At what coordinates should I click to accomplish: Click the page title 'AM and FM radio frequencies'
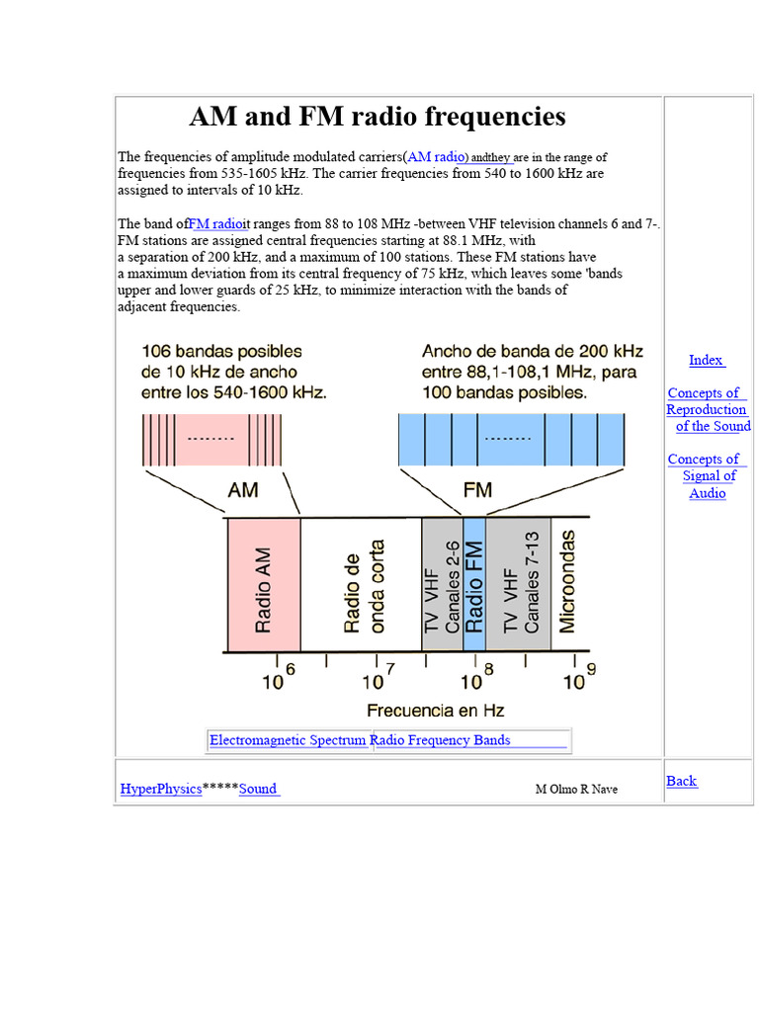(x=378, y=117)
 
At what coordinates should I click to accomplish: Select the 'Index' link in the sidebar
(x=706, y=360)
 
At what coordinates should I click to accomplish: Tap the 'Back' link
(x=681, y=781)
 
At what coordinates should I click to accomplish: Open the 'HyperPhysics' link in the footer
(x=160, y=789)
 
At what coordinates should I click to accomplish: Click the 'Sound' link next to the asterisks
(x=258, y=789)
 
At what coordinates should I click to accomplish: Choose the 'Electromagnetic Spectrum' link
(x=288, y=740)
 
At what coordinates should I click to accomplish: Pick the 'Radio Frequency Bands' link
(x=443, y=740)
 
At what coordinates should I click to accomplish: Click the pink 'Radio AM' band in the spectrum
(x=264, y=585)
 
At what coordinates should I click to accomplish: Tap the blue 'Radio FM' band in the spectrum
(x=474, y=585)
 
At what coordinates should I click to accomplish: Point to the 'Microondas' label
(x=567, y=583)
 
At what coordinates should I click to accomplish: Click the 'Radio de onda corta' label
(x=362, y=585)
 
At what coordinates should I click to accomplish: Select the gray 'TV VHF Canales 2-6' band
(x=442, y=585)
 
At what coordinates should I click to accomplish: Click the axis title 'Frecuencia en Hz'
(x=435, y=711)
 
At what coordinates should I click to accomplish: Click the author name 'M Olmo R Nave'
(x=576, y=790)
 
